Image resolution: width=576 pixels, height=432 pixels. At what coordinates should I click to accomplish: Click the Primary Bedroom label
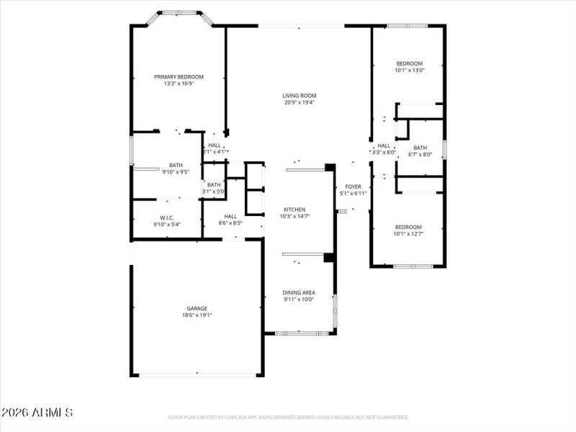(x=179, y=76)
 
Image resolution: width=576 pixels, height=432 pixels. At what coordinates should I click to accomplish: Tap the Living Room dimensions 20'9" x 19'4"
(x=300, y=102)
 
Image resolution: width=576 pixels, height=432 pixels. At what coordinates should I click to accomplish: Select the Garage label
(x=197, y=308)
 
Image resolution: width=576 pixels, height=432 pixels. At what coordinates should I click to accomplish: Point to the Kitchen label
(x=294, y=210)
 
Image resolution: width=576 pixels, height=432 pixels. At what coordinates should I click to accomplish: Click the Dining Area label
(x=299, y=292)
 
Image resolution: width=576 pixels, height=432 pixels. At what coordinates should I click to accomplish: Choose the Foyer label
(x=353, y=186)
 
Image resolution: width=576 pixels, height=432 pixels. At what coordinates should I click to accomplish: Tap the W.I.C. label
(x=166, y=217)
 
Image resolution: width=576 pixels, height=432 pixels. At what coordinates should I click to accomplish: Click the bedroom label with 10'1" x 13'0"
(x=409, y=63)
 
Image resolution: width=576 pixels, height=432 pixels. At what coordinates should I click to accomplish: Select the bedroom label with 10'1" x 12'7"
(x=408, y=227)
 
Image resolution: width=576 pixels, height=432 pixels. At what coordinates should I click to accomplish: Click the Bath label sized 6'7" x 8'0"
(x=420, y=148)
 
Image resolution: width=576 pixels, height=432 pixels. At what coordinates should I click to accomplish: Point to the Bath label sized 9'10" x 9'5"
(x=176, y=165)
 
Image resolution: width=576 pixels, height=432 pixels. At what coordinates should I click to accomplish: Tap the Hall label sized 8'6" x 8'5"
(x=230, y=216)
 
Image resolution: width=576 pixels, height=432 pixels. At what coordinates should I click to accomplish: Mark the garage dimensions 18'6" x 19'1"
(x=197, y=315)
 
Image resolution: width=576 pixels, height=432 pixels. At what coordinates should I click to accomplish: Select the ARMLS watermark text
(x=37, y=413)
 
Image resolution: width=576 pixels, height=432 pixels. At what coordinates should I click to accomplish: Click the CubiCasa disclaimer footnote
(x=288, y=417)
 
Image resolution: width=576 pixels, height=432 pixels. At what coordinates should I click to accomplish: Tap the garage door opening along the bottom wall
(x=197, y=374)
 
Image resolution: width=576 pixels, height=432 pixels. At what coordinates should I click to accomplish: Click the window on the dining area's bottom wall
(x=302, y=333)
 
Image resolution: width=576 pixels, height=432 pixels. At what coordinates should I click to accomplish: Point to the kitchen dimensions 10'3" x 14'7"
(x=294, y=216)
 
